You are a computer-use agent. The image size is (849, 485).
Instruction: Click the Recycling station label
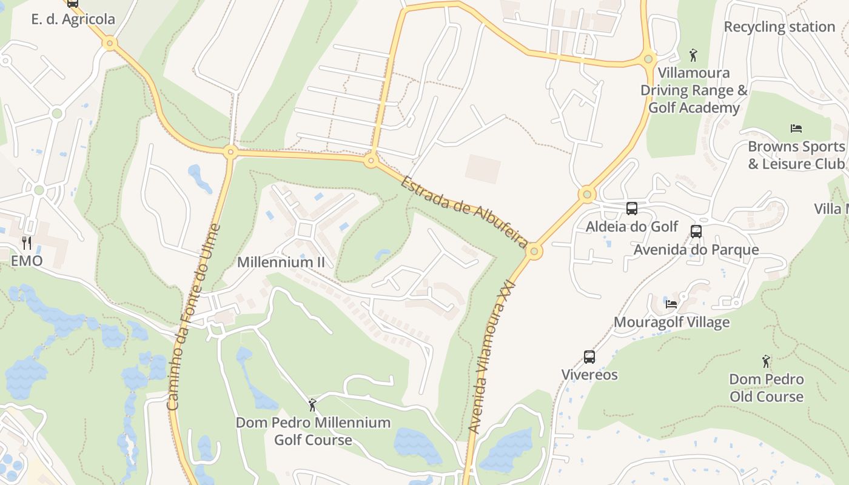click(779, 27)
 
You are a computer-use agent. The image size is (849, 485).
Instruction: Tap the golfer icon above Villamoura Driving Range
click(694, 55)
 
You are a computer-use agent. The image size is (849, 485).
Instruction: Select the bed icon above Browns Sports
click(796, 128)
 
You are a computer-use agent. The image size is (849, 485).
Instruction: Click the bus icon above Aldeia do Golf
click(631, 209)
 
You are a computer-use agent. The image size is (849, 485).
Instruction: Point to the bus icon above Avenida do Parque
click(696, 231)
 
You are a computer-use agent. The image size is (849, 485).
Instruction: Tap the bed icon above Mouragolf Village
click(671, 304)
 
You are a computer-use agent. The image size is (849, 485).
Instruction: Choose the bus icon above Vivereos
click(589, 356)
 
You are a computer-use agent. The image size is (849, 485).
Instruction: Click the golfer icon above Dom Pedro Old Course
click(766, 361)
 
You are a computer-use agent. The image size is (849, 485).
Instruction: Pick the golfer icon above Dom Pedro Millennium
click(312, 404)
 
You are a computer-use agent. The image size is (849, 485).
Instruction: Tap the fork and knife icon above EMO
click(26, 243)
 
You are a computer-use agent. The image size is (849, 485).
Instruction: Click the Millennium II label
click(281, 262)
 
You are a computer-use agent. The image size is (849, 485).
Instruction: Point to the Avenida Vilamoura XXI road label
click(493, 356)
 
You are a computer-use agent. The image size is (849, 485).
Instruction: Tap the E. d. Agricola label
click(73, 19)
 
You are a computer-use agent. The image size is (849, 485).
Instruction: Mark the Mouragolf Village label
click(671, 322)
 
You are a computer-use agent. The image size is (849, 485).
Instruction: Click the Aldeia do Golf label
click(632, 226)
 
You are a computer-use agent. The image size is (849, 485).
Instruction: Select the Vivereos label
click(589, 374)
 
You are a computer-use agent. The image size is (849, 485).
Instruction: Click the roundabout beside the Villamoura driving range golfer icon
click(648, 59)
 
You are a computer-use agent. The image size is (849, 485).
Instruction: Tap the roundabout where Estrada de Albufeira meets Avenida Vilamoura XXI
click(534, 250)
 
